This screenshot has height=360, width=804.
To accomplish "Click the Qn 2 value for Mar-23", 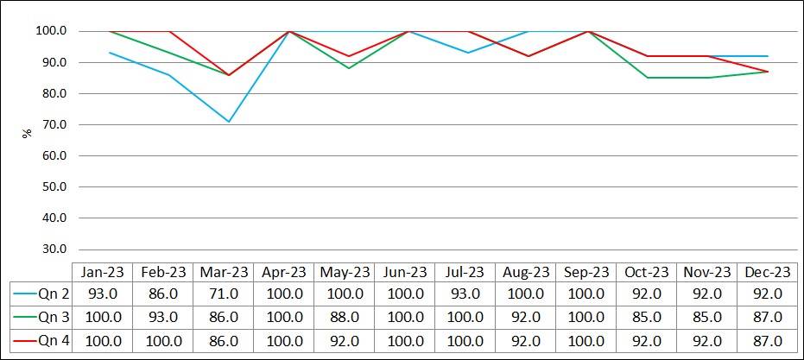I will (x=224, y=293).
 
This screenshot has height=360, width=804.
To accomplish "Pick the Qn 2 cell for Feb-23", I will (x=163, y=293).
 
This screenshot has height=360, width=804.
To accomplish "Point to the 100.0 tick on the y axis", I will (x=53, y=31).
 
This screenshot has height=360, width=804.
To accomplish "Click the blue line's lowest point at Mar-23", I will (x=229, y=122).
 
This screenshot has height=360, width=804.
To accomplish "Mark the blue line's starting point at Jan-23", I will (x=109, y=53).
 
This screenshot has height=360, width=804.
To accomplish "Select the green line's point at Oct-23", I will (x=649, y=78).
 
